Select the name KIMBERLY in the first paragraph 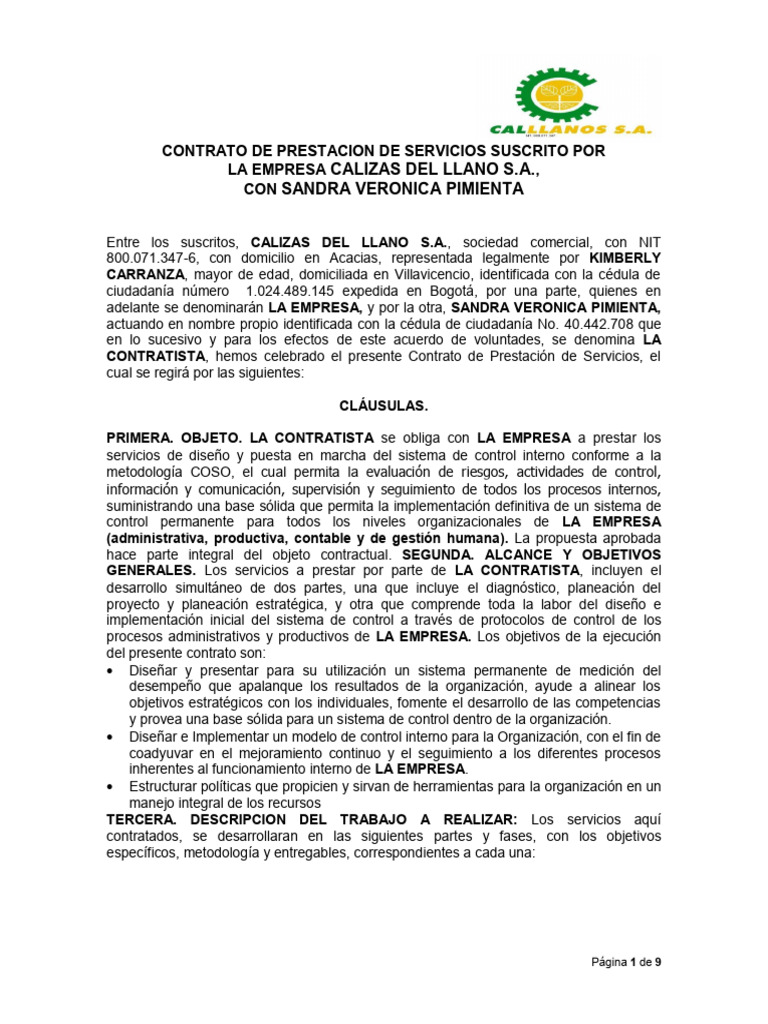[623, 258]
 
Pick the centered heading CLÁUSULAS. [384, 405]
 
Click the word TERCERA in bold [140, 818]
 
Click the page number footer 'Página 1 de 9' [625, 963]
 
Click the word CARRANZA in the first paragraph [147, 275]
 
